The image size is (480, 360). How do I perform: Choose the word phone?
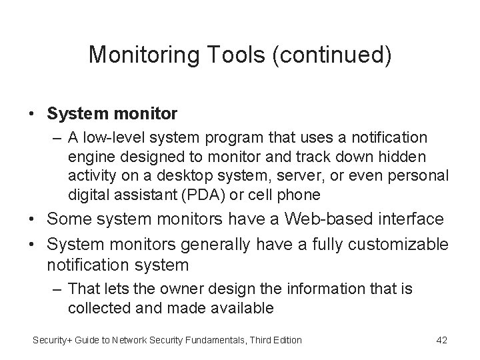303,195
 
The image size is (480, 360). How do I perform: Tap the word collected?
99,308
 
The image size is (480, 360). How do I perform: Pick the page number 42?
441,341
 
